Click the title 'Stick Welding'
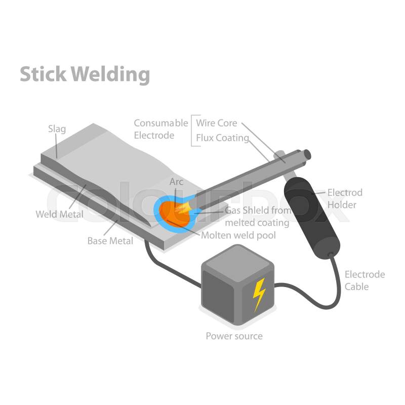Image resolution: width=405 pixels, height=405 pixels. pyautogui.click(x=85, y=74)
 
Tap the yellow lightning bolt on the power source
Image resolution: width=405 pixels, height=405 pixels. pyautogui.click(x=259, y=294)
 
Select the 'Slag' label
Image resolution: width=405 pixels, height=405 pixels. pyautogui.click(x=57, y=129)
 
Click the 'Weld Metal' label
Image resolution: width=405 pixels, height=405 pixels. pyautogui.click(x=59, y=214)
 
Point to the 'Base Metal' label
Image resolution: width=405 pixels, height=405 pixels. pyautogui.click(x=110, y=240)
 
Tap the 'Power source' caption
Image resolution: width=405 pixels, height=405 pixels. pyautogui.click(x=234, y=336)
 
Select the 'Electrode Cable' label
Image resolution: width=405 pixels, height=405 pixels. pyautogui.click(x=364, y=280)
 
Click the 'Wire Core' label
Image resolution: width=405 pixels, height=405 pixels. pyautogui.click(x=217, y=123)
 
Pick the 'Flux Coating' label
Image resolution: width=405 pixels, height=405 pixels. pyautogui.click(x=222, y=138)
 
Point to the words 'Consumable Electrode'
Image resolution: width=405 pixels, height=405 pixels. pyautogui.click(x=160, y=129)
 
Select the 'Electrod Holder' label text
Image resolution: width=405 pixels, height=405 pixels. pyautogui.click(x=345, y=198)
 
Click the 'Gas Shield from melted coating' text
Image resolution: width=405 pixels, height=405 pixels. pyautogui.click(x=257, y=216)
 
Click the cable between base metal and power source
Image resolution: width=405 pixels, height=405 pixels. pyautogui.click(x=167, y=268)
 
